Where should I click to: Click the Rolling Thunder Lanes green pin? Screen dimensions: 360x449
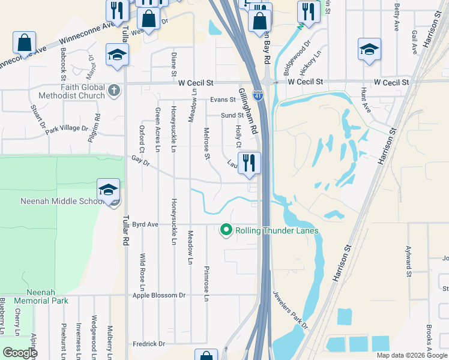coord(226,230)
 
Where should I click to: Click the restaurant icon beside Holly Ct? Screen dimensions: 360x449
coord(249,162)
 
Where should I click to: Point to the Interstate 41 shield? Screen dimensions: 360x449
coord(258,95)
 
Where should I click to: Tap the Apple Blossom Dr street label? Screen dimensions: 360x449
coord(159,295)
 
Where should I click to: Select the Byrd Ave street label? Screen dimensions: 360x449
coord(145,224)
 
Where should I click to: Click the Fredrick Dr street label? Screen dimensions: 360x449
coord(149,344)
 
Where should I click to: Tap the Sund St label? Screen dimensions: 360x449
coord(232,115)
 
